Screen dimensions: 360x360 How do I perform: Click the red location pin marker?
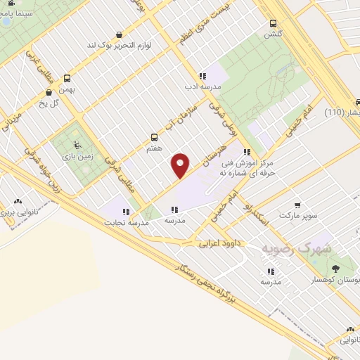tap(181, 164)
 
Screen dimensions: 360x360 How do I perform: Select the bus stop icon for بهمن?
tap(67, 78)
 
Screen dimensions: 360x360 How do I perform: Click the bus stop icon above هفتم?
tap(155, 137)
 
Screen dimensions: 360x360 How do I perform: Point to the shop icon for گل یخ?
tap(49, 92)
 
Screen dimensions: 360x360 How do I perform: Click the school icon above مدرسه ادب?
tap(202, 76)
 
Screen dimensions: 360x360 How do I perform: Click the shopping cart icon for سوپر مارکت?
tap(299, 207)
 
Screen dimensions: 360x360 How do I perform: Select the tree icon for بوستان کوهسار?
tap(335, 268)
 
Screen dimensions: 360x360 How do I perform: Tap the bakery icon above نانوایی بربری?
tap(17, 201)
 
